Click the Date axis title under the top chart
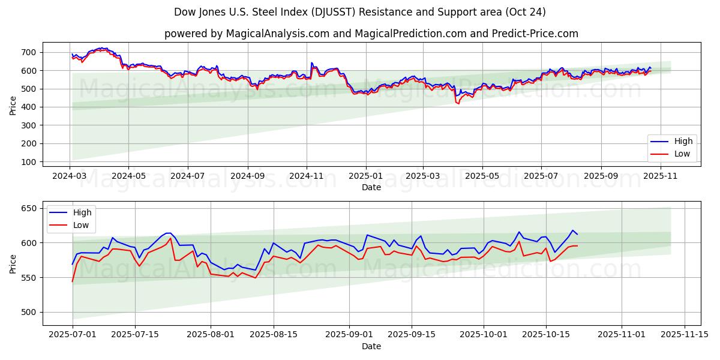(x=371, y=187)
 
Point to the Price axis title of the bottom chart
(x=13, y=263)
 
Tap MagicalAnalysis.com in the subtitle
(x=277, y=34)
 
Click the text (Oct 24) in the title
(x=526, y=12)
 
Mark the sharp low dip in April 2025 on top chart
(x=458, y=104)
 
